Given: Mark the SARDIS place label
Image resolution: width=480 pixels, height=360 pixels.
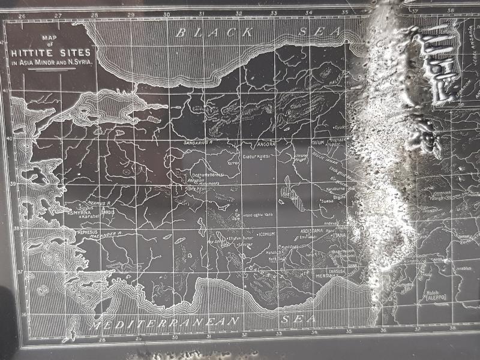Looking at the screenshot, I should (108, 212).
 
